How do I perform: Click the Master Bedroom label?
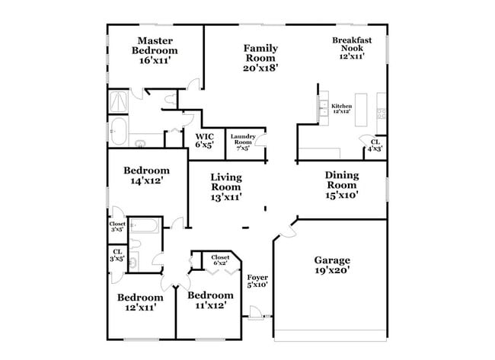coord(154,50)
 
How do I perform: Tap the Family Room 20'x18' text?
coord(260,57)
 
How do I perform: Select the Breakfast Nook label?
coord(350,49)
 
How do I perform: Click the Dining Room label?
coord(341,184)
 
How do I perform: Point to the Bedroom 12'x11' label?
coord(139,302)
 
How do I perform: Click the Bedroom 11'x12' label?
coord(209,301)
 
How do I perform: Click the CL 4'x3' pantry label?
coord(375,145)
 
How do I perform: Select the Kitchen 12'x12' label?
coord(340,108)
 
